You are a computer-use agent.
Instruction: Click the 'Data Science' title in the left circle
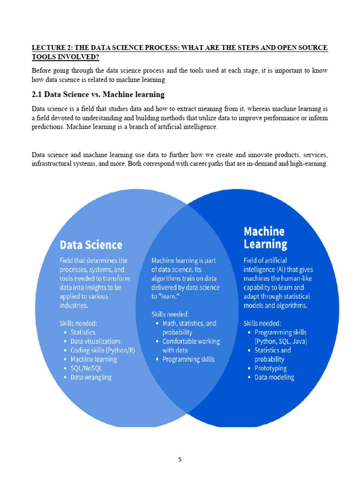point(91,245)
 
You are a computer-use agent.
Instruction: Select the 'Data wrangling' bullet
point(91,377)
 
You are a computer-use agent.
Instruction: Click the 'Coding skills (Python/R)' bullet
point(103,350)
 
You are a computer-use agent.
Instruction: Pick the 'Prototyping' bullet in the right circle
point(270,368)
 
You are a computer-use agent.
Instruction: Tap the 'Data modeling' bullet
point(274,377)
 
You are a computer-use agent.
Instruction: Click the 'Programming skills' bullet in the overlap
point(188,359)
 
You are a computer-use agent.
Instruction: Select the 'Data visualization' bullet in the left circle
point(95,341)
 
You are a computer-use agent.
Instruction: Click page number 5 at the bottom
point(180,459)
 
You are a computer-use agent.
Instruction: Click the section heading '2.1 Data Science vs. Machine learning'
point(98,95)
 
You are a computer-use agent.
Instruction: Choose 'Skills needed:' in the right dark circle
point(262,323)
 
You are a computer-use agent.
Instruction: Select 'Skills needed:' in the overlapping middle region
point(170,314)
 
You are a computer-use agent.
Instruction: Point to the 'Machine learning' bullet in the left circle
point(93,359)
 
